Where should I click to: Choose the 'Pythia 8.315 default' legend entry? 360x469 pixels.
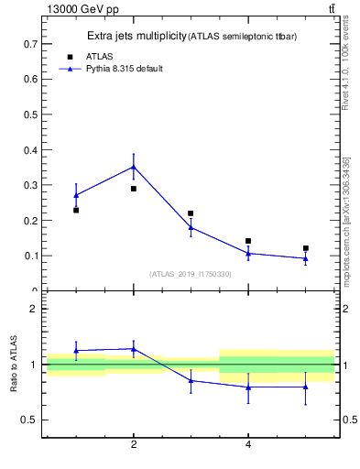point(124,68)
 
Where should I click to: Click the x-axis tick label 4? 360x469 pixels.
point(248,444)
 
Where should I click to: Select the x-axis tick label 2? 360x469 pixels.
point(134,444)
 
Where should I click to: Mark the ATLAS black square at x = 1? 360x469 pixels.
point(76,210)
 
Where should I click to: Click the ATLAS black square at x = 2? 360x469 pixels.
point(134,189)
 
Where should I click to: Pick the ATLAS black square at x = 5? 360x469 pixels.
point(306,248)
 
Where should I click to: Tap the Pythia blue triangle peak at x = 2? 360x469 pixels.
point(134,167)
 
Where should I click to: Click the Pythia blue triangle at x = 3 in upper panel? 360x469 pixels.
point(191,227)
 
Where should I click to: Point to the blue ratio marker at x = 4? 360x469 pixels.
point(248,387)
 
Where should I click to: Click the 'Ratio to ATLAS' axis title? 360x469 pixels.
point(14,364)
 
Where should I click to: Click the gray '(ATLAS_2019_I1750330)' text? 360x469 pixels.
point(191,274)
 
